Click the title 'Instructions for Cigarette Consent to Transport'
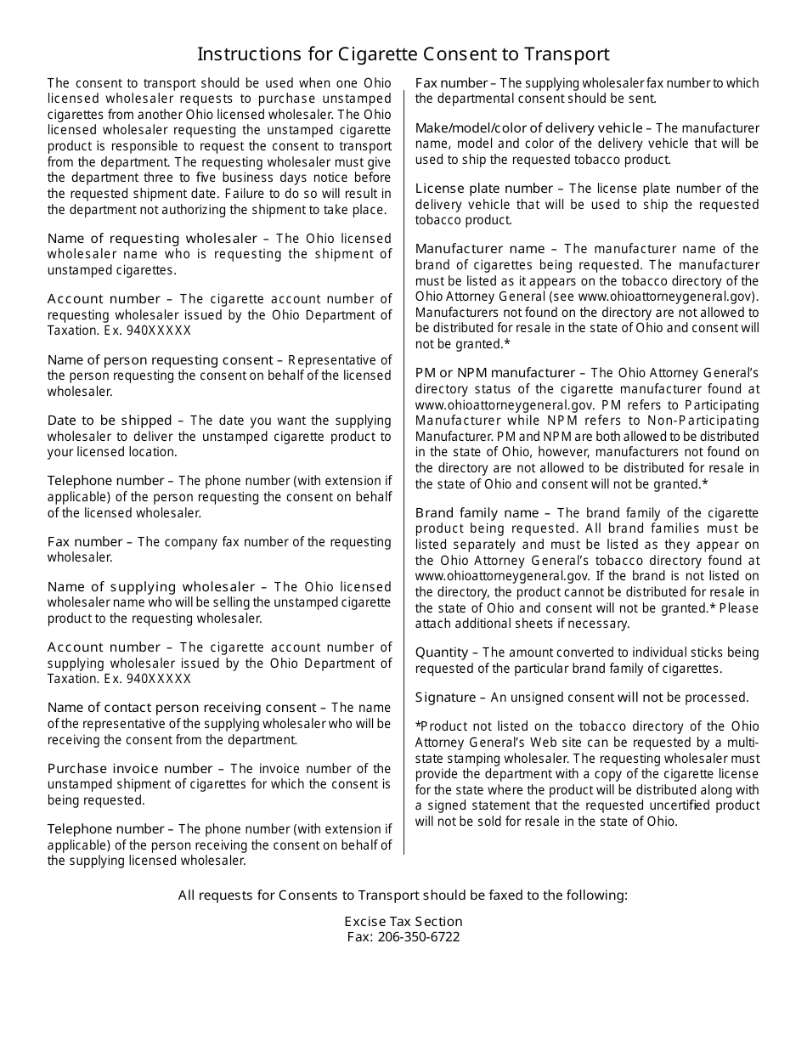pyautogui.click(x=403, y=54)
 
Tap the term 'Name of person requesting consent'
pyautogui.click(x=160, y=360)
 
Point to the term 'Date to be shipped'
pyautogui.click(x=110, y=421)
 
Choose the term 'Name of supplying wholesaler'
pyautogui.click(x=151, y=587)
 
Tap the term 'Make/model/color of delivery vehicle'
pyautogui.click(x=528, y=128)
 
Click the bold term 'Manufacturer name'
pyautogui.click(x=480, y=249)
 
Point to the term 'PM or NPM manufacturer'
pyautogui.click(x=494, y=373)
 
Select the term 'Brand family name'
pyautogui.click(x=477, y=513)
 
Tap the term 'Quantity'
pyautogui.click(x=442, y=652)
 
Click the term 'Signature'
pyautogui.click(x=445, y=698)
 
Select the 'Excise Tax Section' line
pyautogui.click(x=403, y=922)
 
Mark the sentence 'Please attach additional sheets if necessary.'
pyautogui.click(x=586, y=616)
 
